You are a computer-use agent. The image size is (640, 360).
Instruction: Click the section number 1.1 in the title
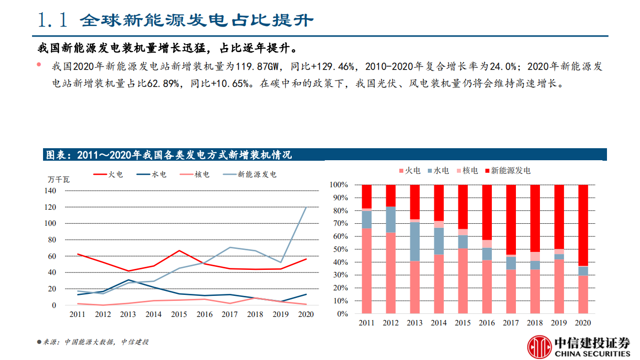52,20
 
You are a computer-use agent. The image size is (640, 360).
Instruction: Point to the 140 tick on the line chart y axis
50,191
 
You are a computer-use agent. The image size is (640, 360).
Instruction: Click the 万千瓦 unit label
59,179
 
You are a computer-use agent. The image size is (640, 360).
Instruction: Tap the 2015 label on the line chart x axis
179,314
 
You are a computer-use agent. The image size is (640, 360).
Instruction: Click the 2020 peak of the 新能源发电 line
306,207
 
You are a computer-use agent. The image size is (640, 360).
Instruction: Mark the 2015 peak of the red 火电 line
179,250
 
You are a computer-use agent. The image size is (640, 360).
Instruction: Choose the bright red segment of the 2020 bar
583,225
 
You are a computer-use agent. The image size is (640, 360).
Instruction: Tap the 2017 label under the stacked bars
511,323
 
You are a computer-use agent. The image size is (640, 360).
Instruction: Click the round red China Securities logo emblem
539,347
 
